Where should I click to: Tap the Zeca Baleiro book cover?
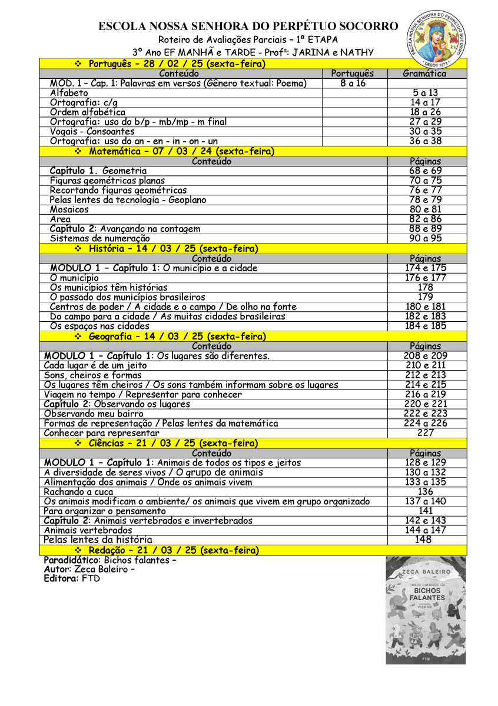tap(426, 610)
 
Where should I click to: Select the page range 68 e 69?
tap(427, 171)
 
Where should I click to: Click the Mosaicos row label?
tap(69, 209)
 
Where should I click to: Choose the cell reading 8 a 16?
tap(353, 84)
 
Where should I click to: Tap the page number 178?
tap(426, 288)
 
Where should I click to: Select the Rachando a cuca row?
tap(79, 492)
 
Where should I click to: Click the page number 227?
tap(426, 433)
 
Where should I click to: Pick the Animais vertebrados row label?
tap(88, 530)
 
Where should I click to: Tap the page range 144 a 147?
tap(426, 530)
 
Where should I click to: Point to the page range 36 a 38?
tap(426, 141)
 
